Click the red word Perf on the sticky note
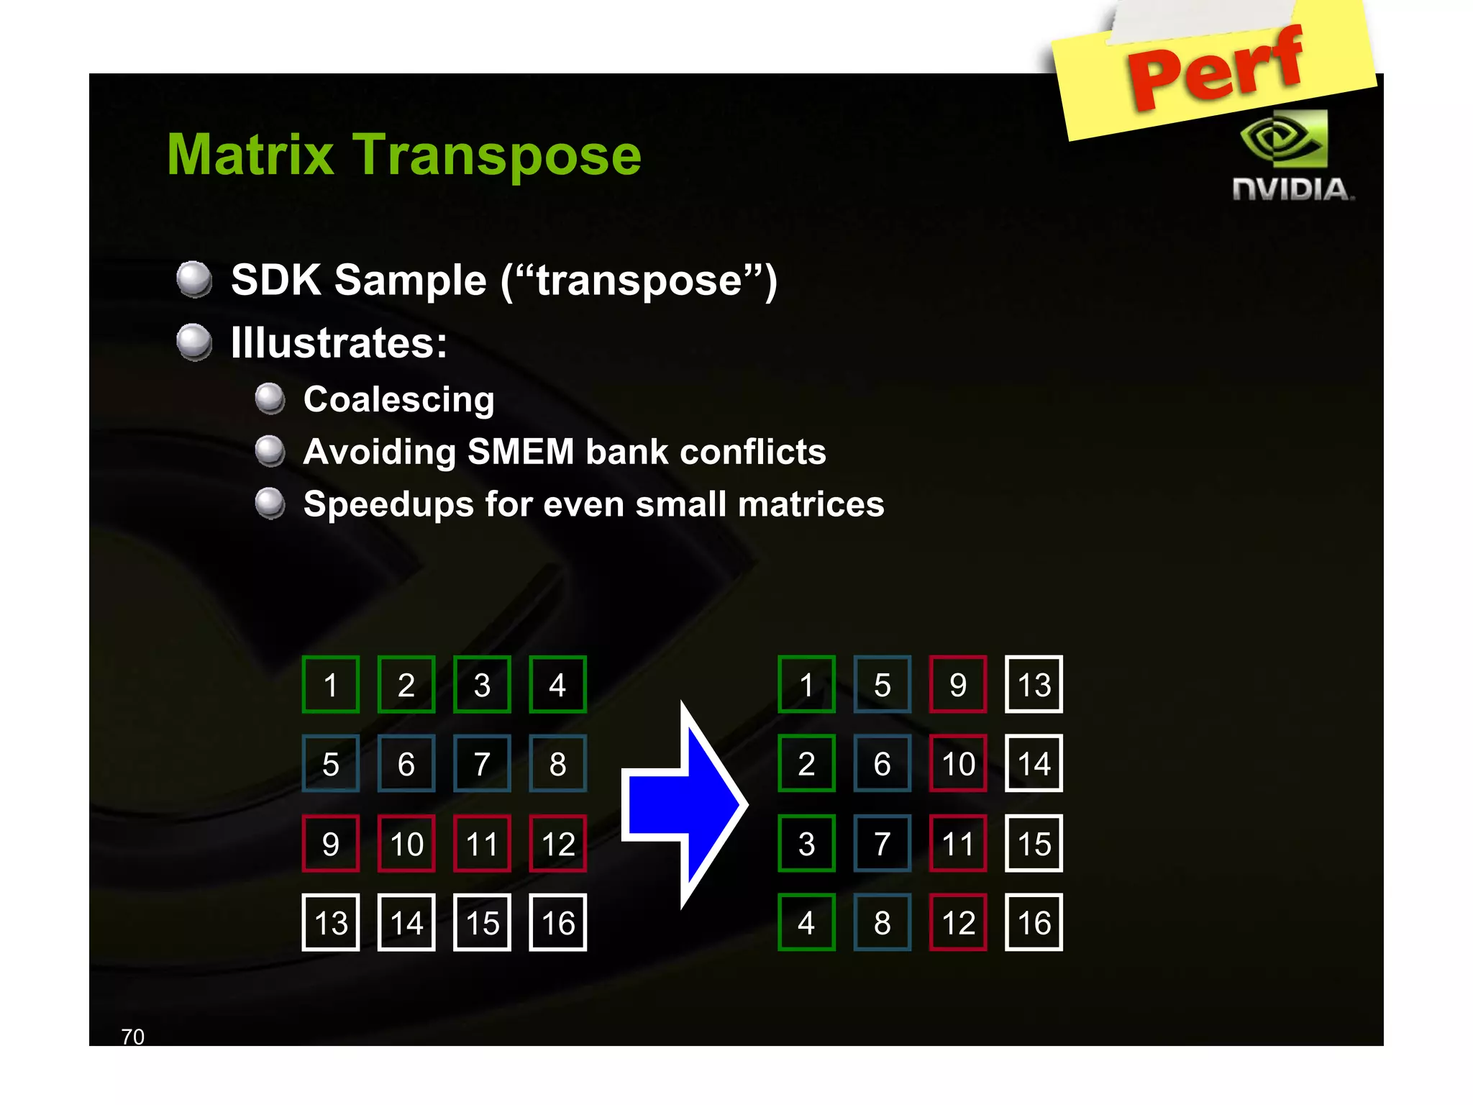(x=1216, y=68)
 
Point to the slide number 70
(x=133, y=1037)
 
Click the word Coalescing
(x=399, y=399)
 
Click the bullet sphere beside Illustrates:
(x=194, y=342)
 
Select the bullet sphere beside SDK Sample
(x=194, y=279)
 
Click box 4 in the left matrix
(x=557, y=684)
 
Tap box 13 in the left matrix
(x=331, y=922)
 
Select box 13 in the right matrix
(x=1034, y=684)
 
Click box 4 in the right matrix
(x=806, y=922)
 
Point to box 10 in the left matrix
(x=406, y=843)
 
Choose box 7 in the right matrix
(x=883, y=843)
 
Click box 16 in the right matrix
(x=1034, y=922)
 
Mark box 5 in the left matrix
(x=331, y=763)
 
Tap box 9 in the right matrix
(x=958, y=684)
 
